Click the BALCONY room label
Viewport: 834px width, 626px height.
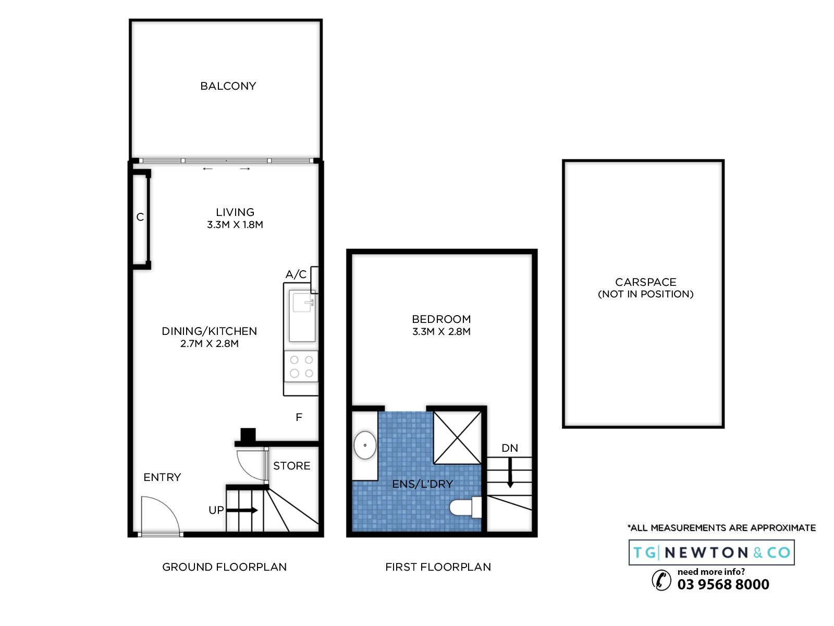coord(228,86)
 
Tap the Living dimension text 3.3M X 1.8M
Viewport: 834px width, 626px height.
coord(235,225)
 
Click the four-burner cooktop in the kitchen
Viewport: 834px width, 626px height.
coord(301,366)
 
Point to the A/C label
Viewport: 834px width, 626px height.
coord(296,274)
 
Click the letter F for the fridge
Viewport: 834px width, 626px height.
coord(299,417)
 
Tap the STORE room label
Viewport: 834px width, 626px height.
coord(291,466)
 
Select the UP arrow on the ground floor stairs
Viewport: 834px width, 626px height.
coord(242,510)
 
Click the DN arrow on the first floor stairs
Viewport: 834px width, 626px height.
coord(510,473)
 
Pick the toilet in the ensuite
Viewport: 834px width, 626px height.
coord(465,507)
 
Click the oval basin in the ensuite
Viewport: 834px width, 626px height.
coord(365,445)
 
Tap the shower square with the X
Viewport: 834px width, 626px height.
coord(458,438)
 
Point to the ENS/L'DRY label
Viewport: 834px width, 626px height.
coord(423,484)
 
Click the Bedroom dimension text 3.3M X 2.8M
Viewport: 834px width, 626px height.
coord(441,331)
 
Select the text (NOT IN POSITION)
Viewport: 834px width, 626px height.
coord(645,294)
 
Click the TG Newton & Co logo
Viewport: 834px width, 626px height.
coord(712,552)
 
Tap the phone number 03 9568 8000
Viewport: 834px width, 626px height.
coord(723,584)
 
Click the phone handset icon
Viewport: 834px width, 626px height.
coord(661,581)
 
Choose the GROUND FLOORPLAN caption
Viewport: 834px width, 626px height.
coord(224,567)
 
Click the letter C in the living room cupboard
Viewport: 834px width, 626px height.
coord(140,217)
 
